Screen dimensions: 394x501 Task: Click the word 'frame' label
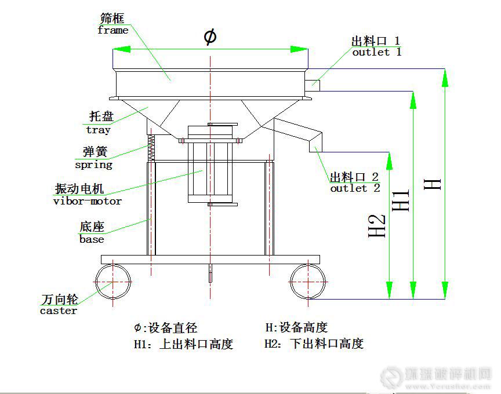click(112, 30)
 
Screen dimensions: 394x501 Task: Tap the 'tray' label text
click(98, 130)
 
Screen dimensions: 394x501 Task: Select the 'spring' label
click(93, 165)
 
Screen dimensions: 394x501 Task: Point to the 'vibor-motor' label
click(88, 201)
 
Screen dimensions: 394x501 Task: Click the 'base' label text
click(92, 239)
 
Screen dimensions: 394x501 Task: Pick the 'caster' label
click(58, 311)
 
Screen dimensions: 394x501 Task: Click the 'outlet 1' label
click(376, 52)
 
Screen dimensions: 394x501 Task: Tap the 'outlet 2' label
click(355, 188)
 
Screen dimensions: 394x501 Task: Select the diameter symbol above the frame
click(210, 37)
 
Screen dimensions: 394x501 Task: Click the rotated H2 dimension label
click(377, 226)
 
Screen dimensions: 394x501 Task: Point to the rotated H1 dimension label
click(401, 200)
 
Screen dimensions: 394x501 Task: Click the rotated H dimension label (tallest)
click(433, 184)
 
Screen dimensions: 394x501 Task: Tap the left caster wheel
click(113, 281)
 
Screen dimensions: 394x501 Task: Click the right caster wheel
click(307, 281)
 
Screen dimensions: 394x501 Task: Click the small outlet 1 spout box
click(312, 83)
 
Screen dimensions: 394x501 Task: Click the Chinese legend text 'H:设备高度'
click(296, 327)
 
